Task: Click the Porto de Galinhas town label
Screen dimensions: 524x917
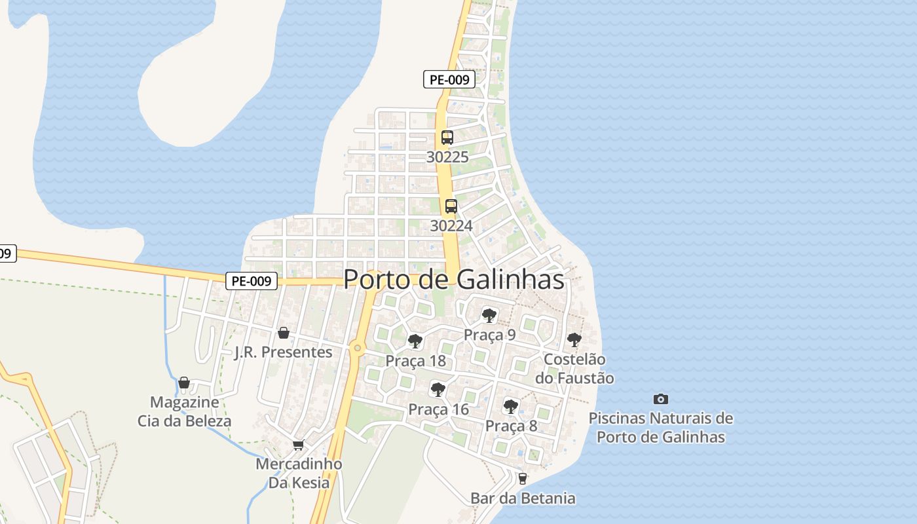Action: pyautogui.click(x=453, y=279)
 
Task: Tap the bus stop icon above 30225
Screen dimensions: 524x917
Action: pyautogui.click(x=447, y=138)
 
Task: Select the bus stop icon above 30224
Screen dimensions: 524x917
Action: pyautogui.click(x=451, y=206)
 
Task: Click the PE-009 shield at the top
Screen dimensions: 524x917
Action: pyautogui.click(x=449, y=80)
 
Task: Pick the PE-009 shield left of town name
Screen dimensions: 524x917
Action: pyautogui.click(x=252, y=281)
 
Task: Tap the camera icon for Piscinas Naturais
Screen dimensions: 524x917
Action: pyautogui.click(x=661, y=399)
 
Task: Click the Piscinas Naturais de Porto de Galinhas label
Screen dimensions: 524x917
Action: pyautogui.click(x=661, y=427)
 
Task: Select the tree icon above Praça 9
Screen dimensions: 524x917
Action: pyautogui.click(x=489, y=316)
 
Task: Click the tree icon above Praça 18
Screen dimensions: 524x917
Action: pyautogui.click(x=415, y=341)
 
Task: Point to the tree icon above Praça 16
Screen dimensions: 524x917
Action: pyautogui.click(x=438, y=390)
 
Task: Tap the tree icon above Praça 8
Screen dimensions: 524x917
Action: pyautogui.click(x=511, y=407)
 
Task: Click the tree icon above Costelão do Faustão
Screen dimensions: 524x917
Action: pyautogui.click(x=574, y=340)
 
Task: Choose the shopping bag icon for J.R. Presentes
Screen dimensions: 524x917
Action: pyautogui.click(x=284, y=333)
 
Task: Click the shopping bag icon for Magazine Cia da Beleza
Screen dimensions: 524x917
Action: pyautogui.click(x=184, y=383)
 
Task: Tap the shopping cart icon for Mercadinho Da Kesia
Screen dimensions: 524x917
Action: pyautogui.click(x=299, y=445)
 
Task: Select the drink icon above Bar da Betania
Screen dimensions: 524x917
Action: pyautogui.click(x=522, y=479)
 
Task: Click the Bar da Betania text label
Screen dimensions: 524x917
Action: pyautogui.click(x=523, y=498)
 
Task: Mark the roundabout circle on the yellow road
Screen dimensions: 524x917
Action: pyautogui.click(x=357, y=348)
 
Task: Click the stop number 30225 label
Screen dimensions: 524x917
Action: pyautogui.click(x=447, y=157)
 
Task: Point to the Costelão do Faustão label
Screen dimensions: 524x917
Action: pyautogui.click(x=574, y=369)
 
